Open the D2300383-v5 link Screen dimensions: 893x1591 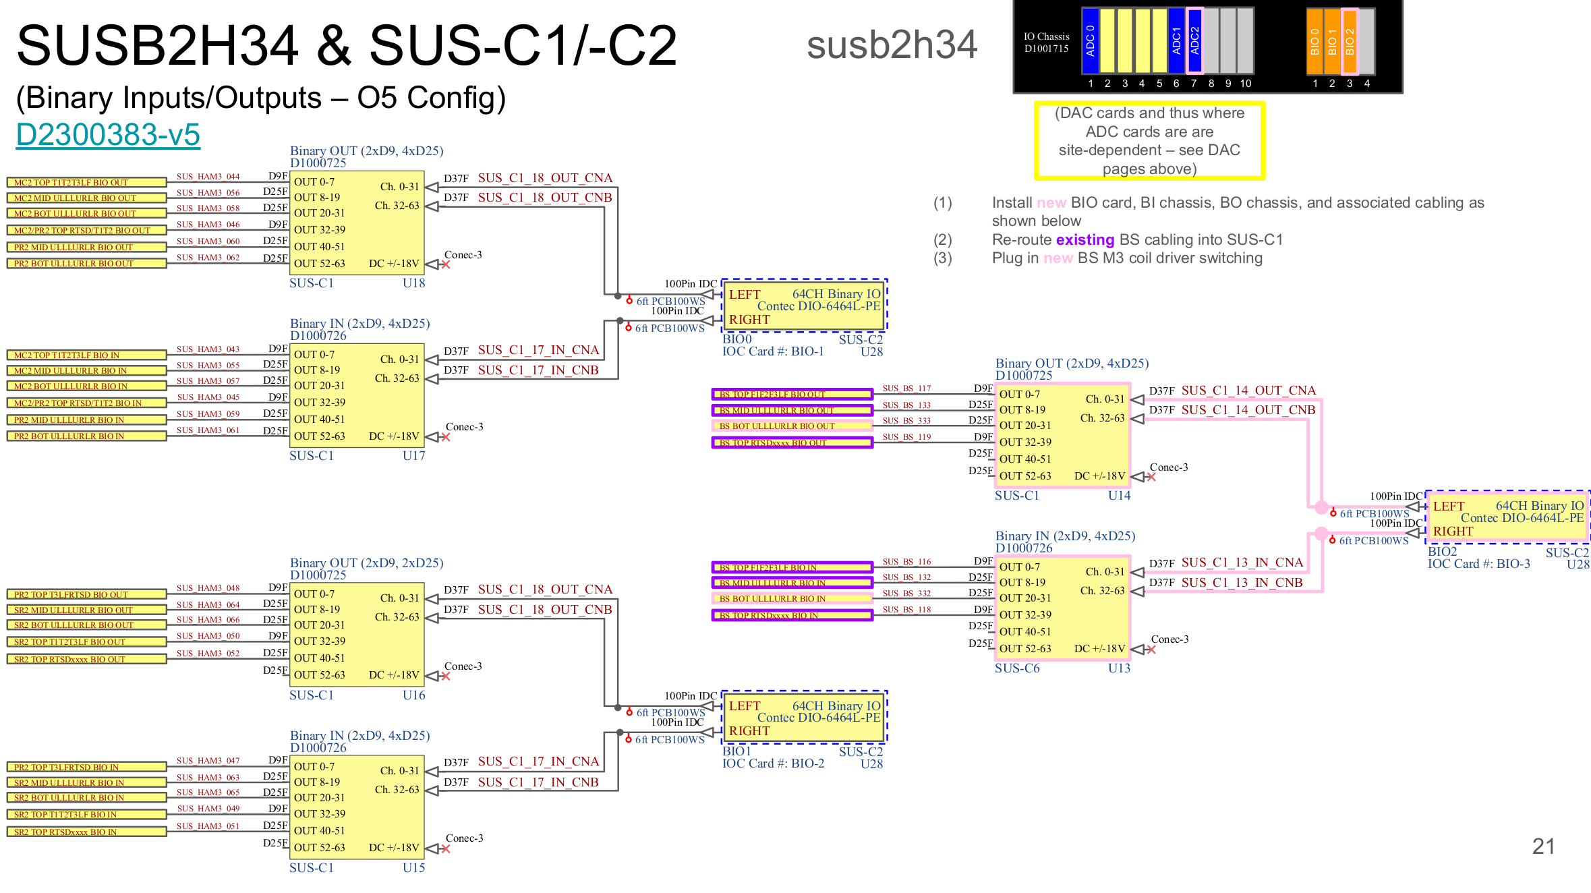pyautogui.click(x=108, y=134)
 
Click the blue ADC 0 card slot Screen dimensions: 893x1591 pyautogui.click(x=1090, y=40)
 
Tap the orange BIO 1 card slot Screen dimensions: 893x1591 pyautogui.click(x=1332, y=41)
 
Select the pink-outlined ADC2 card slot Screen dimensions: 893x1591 pyautogui.click(x=1194, y=40)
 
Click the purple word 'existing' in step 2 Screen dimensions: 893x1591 pyautogui.click(x=1084, y=239)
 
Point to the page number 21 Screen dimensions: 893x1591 pyautogui.click(x=1543, y=846)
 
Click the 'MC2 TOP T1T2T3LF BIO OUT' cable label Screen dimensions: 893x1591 pyautogui.click(x=86, y=183)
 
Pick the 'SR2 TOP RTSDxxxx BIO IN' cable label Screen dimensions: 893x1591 pyautogui.click(x=86, y=832)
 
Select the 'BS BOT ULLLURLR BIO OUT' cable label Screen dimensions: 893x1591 pyautogui.click(x=792, y=426)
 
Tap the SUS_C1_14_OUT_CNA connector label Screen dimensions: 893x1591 pyautogui.click(x=1248, y=391)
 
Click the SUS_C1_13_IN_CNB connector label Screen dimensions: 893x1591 pyautogui.click(x=1242, y=582)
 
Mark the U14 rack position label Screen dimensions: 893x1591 pyautogui.click(x=1119, y=496)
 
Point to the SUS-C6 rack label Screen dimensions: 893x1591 pyautogui.click(x=1017, y=668)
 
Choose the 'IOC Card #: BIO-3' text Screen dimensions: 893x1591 pyautogui.click(x=1478, y=564)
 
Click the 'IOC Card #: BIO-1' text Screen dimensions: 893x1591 pyautogui.click(x=773, y=351)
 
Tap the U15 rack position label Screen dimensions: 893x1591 pyautogui.click(x=413, y=868)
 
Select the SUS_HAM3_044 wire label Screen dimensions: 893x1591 pyautogui.click(x=208, y=177)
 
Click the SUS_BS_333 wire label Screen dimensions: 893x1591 pyautogui.click(x=906, y=421)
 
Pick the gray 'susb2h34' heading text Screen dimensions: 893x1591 pyautogui.click(x=892, y=45)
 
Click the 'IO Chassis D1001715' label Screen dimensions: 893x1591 pyautogui.click(x=1046, y=42)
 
